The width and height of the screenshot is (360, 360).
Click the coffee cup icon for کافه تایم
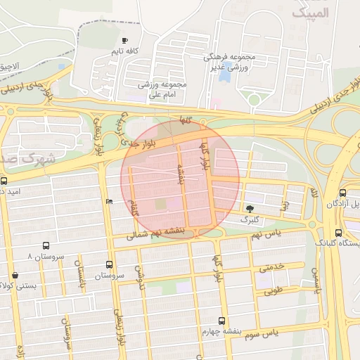[x=125, y=41]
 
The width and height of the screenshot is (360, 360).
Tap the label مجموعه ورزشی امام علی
[x=162, y=89]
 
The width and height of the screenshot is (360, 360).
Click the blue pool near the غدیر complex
[x=225, y=73]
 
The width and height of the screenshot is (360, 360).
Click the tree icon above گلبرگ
[x=250, y=208]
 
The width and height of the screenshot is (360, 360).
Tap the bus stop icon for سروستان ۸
[x=46, y=246]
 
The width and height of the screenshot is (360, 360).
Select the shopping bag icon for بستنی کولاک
[x=15, y=275]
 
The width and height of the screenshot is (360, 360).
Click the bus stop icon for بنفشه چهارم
[x=222, y=321]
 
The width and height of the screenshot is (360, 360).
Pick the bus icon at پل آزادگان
[x=342, y=193]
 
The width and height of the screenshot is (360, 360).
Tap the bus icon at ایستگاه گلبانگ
[x=338, y=233]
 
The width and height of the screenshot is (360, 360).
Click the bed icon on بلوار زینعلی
[x=108, y=202]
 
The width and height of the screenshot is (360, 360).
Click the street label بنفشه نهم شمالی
[x=155, y=233]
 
